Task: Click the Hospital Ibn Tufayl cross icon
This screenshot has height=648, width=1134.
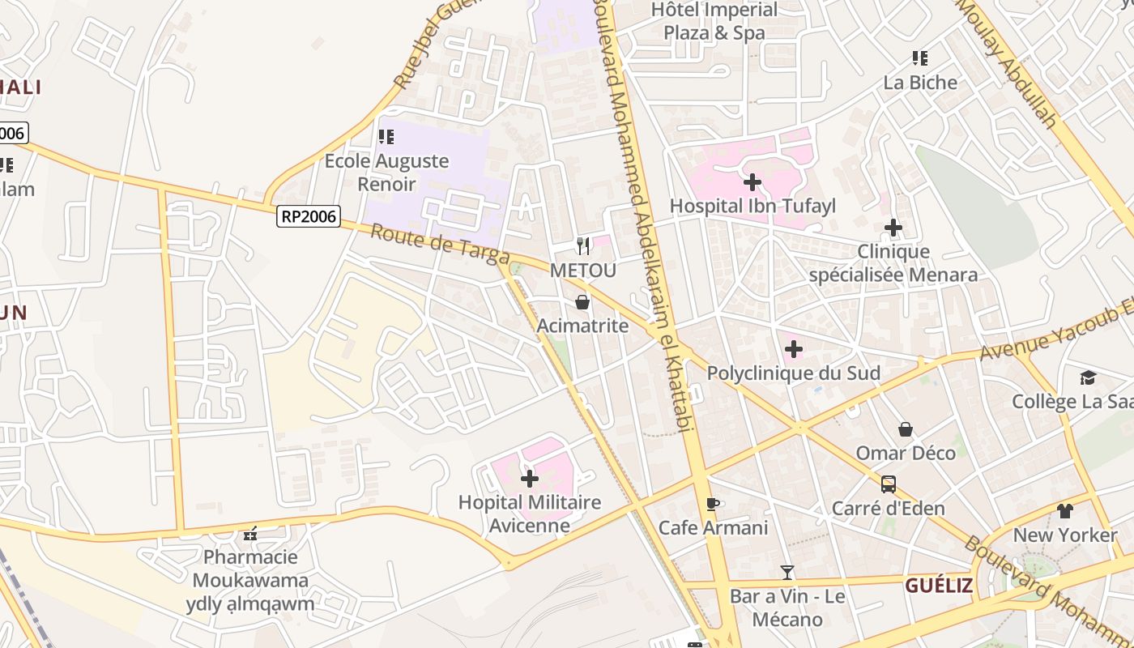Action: pyautogui.click(x=752, y=182)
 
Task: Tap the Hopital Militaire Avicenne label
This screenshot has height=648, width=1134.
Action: pyautogui.click(x=530, y=514)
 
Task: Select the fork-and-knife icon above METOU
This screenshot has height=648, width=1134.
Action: pyautogui.click(x=583, y=245)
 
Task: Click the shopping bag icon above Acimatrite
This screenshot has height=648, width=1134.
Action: pyautogui.click(x=582, y=302)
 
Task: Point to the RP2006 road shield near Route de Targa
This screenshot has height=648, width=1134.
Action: pyautogui.click(x=308, y=216)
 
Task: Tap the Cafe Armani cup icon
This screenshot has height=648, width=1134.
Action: pyautogui.click(x=713, y=505)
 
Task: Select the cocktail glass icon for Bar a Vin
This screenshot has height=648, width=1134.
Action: pyautogui.click(x=787, y=573)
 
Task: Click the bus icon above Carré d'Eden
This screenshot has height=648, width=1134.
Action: pyautogui.click(x=889, y=484)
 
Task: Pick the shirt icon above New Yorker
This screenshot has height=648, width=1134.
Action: pyautogui.click(x=1064, y=511)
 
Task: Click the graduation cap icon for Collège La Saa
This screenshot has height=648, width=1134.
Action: pyautogui.click(x=1088, y=377)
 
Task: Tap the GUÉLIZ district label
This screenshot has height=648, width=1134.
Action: pyautogui.click(x=939, y=585)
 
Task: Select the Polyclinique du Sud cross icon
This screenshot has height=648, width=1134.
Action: pyautogui.click(x=794, y=349)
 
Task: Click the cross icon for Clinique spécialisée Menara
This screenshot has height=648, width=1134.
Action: pyautogui.click(x=893, y=228)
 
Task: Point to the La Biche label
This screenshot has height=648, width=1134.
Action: pyautogui.click(x=920, y=83)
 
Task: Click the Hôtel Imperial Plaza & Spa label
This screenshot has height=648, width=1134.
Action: pyautogui.click(x=714, y=21)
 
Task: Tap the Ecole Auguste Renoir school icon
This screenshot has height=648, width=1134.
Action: pyautogui.click(x=386, y=137)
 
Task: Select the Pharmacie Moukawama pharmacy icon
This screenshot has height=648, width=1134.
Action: pyautogui.click(x=250, y=534)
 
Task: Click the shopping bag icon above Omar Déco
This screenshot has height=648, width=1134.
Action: pyautogui.click(x=906, y=429)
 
